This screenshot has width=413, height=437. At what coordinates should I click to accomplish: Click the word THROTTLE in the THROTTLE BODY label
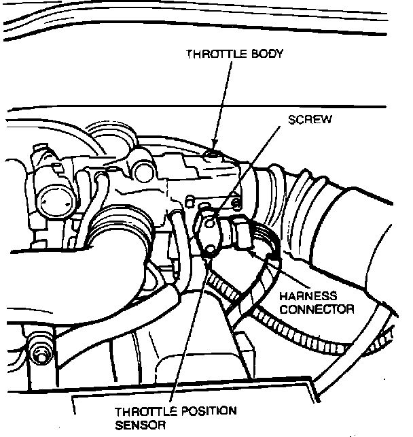211,55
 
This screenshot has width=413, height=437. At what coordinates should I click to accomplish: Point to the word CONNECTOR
317,309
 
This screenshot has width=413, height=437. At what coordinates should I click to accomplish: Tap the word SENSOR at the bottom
134,425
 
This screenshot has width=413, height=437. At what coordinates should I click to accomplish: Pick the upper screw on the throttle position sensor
209,221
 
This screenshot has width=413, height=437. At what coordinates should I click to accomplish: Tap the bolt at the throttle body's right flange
236,202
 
